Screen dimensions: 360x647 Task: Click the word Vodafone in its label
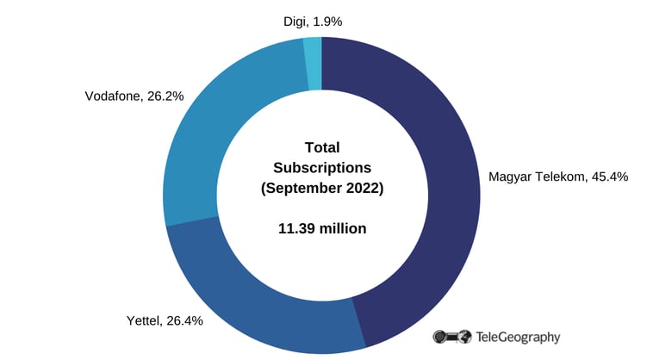tap(114, 96)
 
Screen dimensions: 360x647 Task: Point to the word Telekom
tap(560, 177)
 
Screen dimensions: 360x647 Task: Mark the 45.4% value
tap(608, 177)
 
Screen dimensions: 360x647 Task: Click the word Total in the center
tap(323, 146)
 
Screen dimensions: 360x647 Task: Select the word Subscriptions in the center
tap(323, 166)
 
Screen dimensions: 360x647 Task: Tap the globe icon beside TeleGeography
tap(464, 337)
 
